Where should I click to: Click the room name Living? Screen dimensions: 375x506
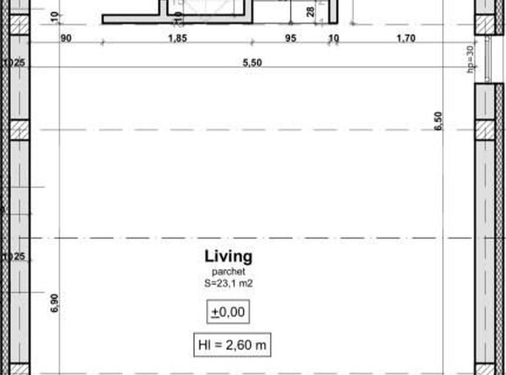(x=228, y=256)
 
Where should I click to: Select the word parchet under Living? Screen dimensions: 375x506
(x=228, y=272)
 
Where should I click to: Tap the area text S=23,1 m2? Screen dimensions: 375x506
(x=228, y=282)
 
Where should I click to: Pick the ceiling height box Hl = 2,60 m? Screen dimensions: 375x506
(x=232, y=345)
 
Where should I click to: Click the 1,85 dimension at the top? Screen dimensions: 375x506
(x=177, y=38)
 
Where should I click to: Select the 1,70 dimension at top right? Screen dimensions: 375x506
(x=405, y=38)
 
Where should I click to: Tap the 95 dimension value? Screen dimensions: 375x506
(x=291, y=38)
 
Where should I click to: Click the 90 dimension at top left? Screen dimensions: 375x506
(x=66, y=38)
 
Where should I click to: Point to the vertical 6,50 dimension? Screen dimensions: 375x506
(x=440, y=122)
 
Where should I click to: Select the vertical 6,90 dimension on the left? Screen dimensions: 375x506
(x=54, y=303)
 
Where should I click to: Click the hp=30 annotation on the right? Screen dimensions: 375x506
(x=469, y=59)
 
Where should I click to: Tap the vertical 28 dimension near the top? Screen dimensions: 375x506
(x=310, y=12)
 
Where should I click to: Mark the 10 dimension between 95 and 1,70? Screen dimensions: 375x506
(x=333, y=38)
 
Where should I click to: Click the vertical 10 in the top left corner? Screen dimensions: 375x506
(x=54, y=15)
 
